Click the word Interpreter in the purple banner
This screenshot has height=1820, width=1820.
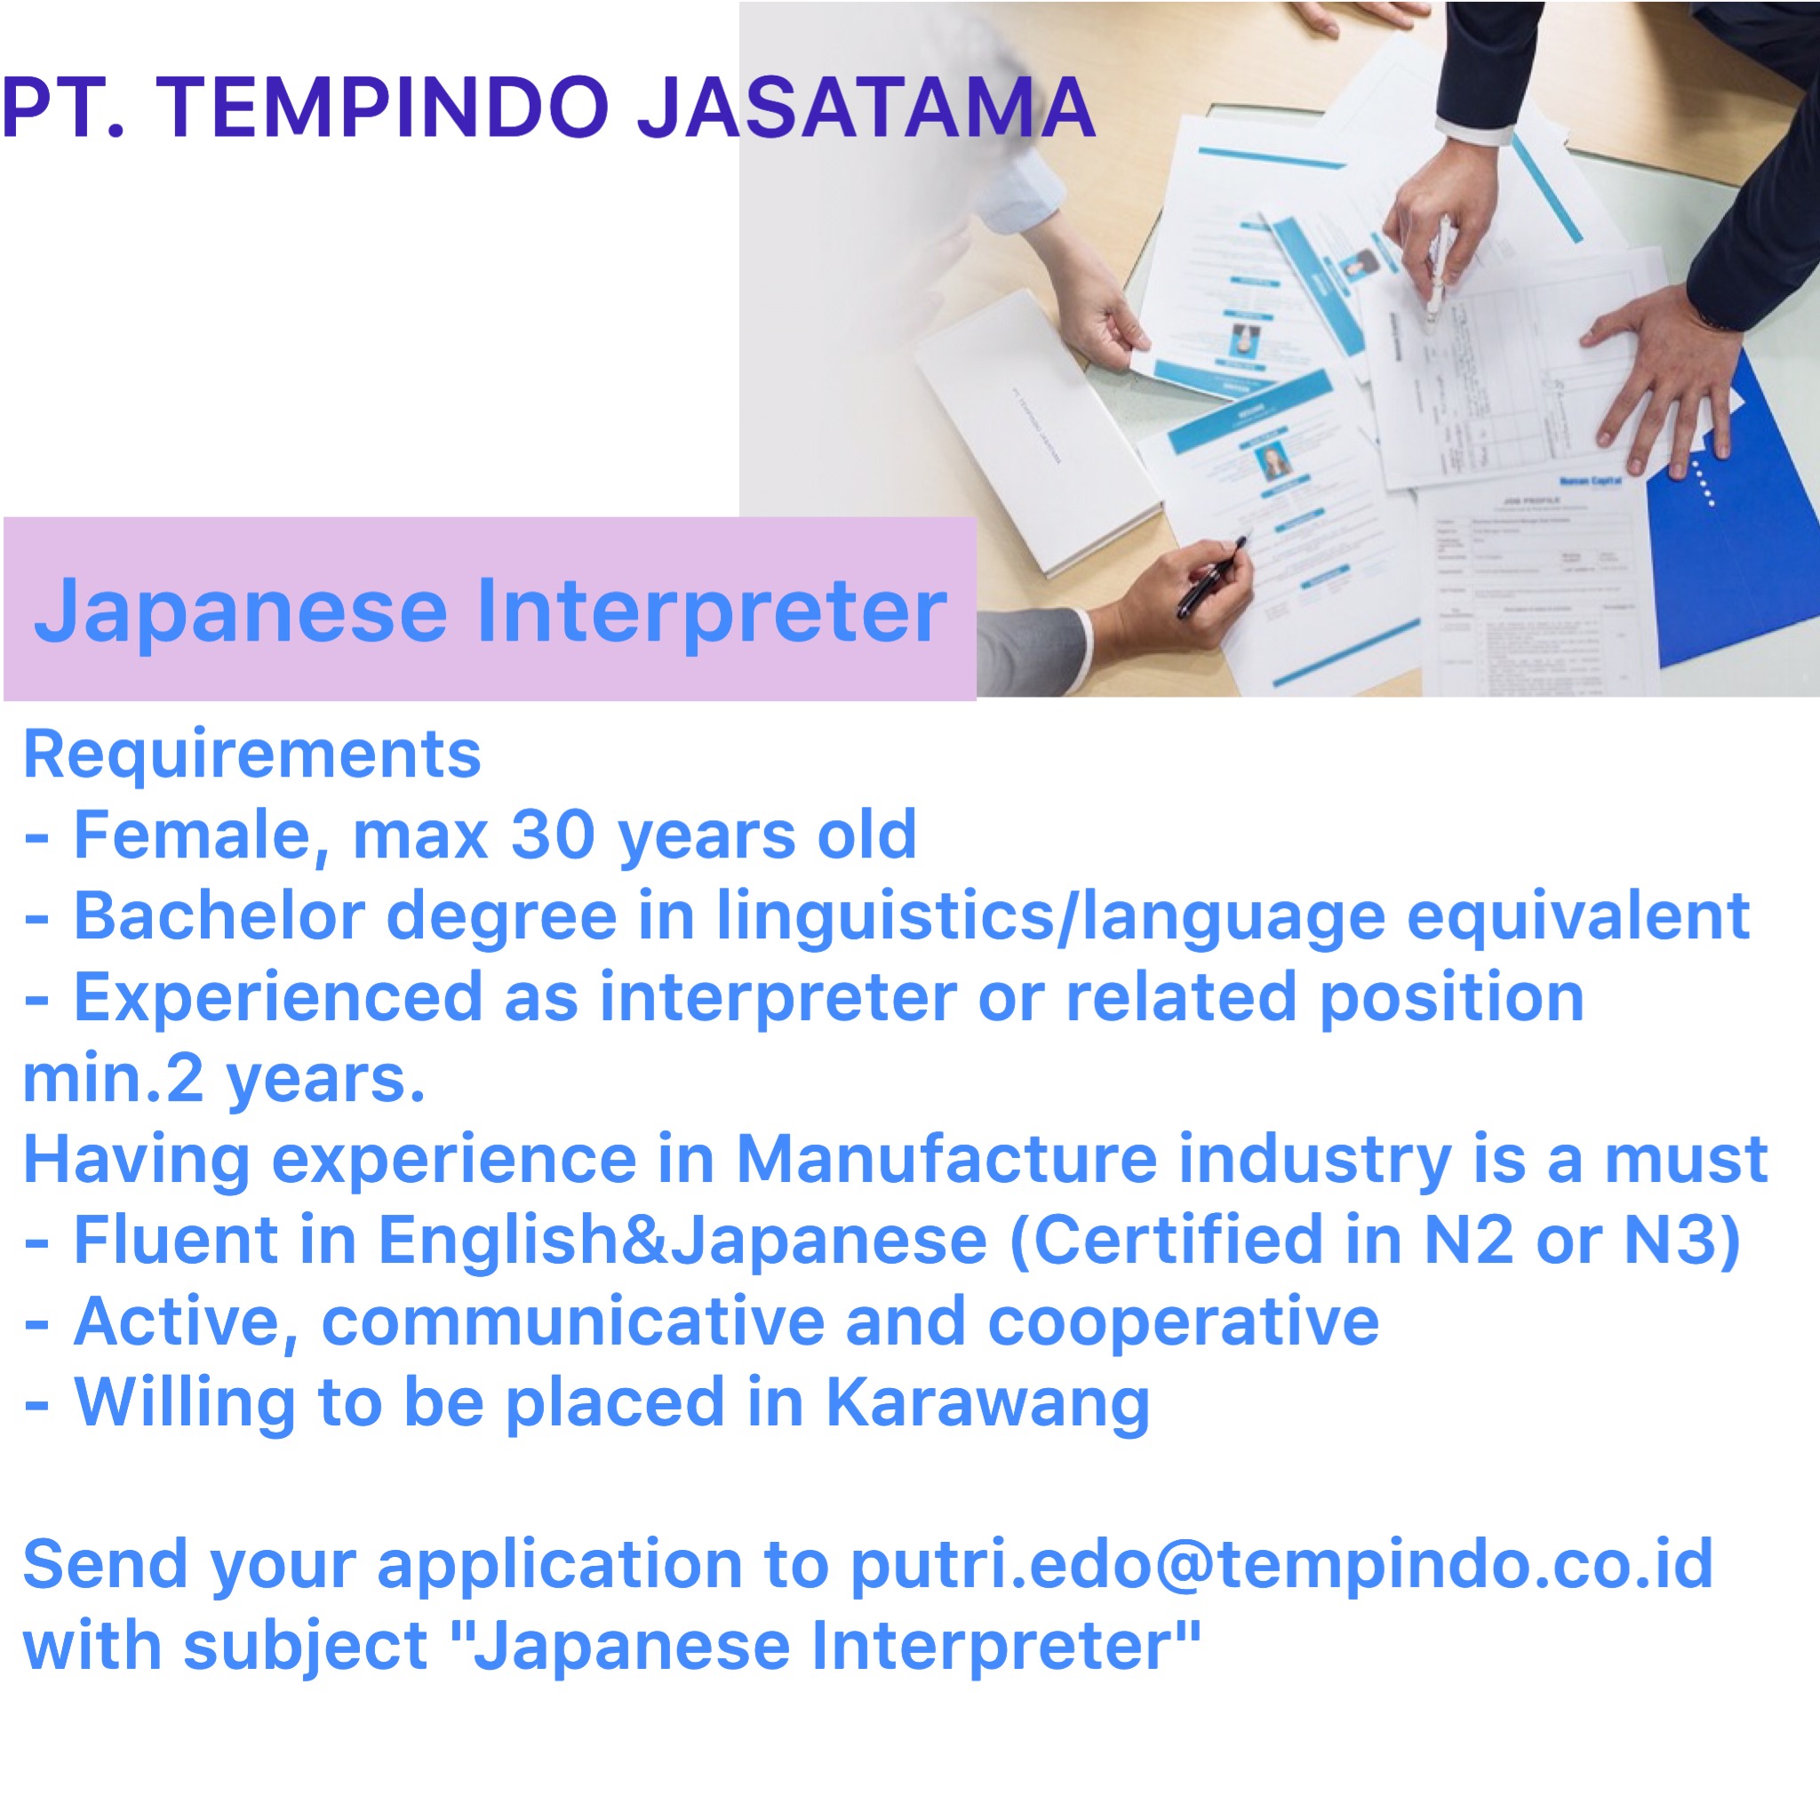tap(711, 612)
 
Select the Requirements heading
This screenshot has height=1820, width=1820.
tap(251, 754)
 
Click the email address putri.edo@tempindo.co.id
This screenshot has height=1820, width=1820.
tap(1282, 1567)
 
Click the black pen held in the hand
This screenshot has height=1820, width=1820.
tap(1212, 577)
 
